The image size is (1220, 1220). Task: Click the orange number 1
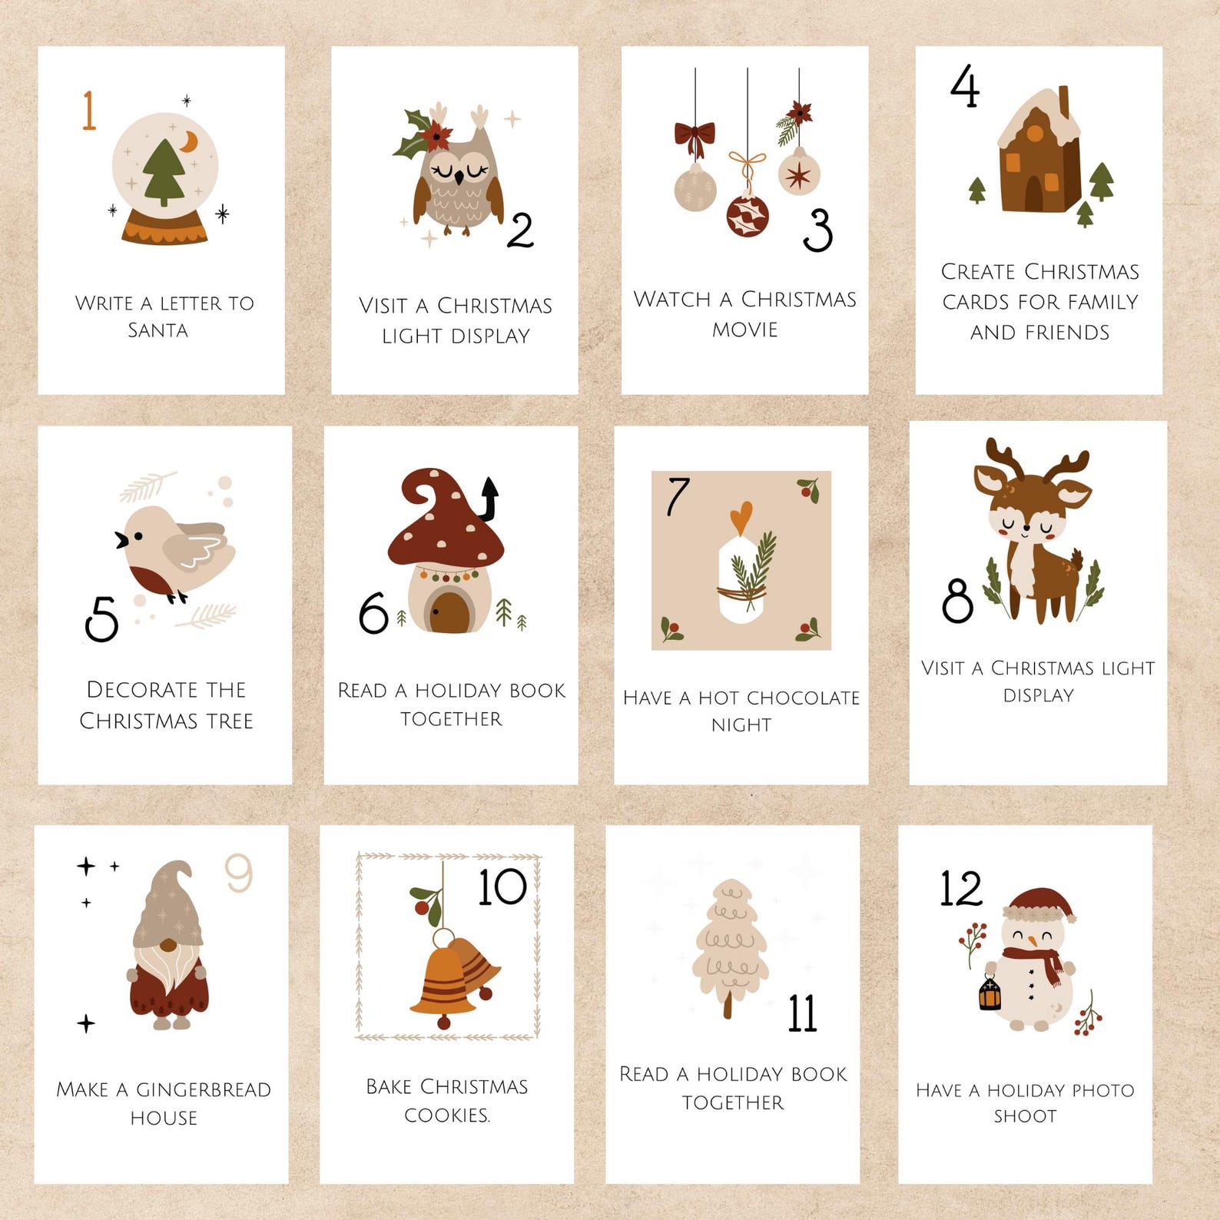pos(89,110)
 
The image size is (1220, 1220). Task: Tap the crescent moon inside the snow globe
pos(189,141)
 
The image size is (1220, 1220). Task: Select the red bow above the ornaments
pos(695,138)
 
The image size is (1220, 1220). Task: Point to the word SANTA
pos(157,330)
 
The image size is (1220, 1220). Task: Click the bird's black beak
pos(121,540)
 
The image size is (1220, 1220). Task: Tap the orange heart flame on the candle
pos(741,517)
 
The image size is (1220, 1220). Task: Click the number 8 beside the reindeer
pos(957,600)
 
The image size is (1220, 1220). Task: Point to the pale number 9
pos(238,873)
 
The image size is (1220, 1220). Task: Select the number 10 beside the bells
pos(502,887)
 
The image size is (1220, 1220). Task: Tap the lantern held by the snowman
pos(990,993)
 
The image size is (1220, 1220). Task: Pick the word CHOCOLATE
pos(803,698)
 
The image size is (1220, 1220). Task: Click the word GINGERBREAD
pos(204,1089)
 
